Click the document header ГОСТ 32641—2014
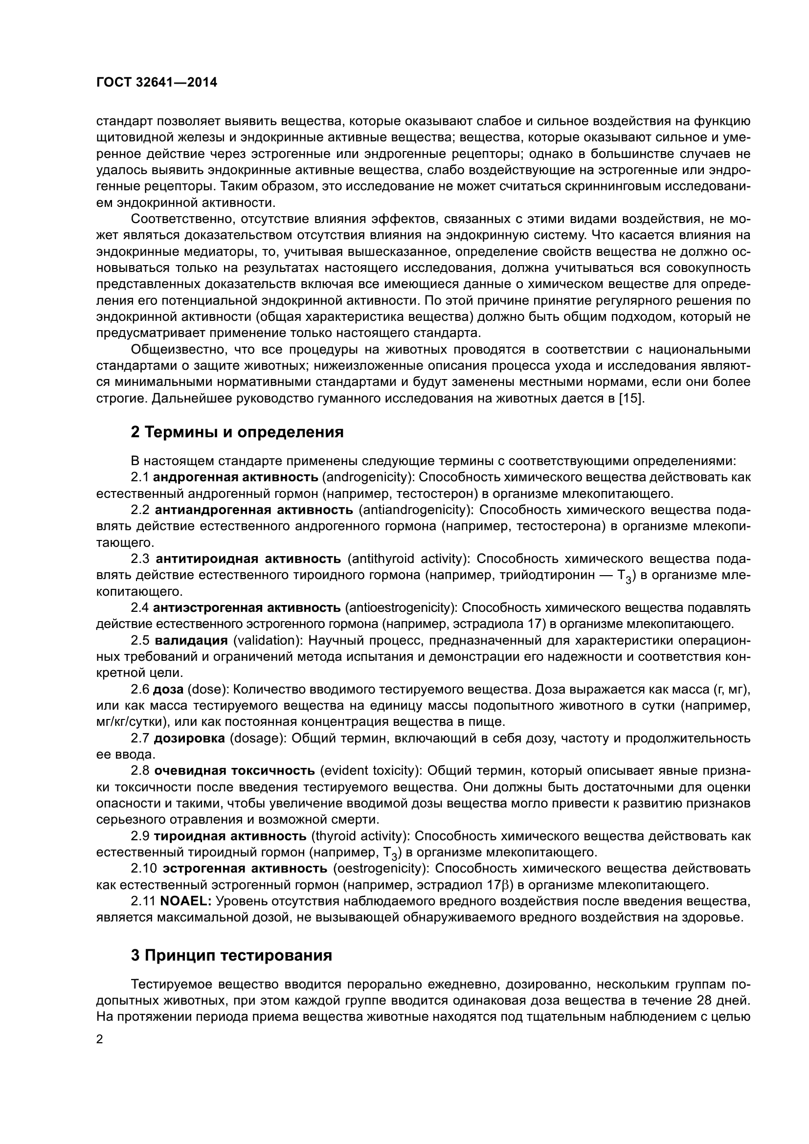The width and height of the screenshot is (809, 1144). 157,83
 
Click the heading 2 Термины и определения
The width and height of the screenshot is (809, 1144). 237,432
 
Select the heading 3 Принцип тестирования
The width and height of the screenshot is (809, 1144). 231,956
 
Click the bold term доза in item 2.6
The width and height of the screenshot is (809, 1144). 168,690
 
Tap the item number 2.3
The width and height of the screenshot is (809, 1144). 140,559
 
